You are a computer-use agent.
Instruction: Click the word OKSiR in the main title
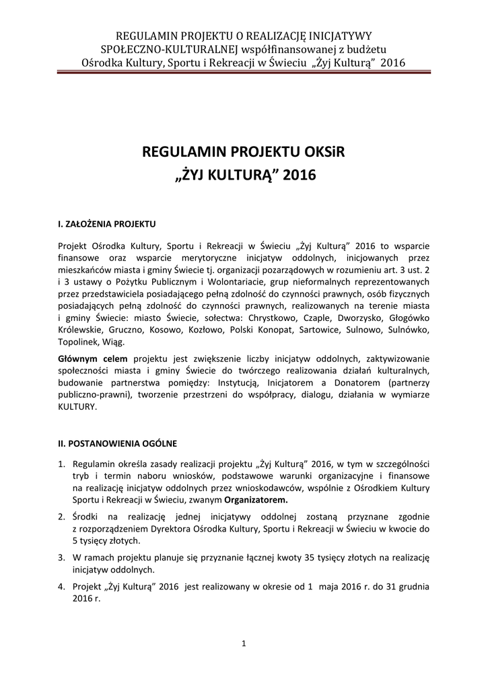320,152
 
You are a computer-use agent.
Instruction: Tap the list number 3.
60,558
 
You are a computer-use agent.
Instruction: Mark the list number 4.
60,586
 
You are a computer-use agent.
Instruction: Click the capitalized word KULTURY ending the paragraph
78,407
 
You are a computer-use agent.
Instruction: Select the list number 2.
60,517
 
